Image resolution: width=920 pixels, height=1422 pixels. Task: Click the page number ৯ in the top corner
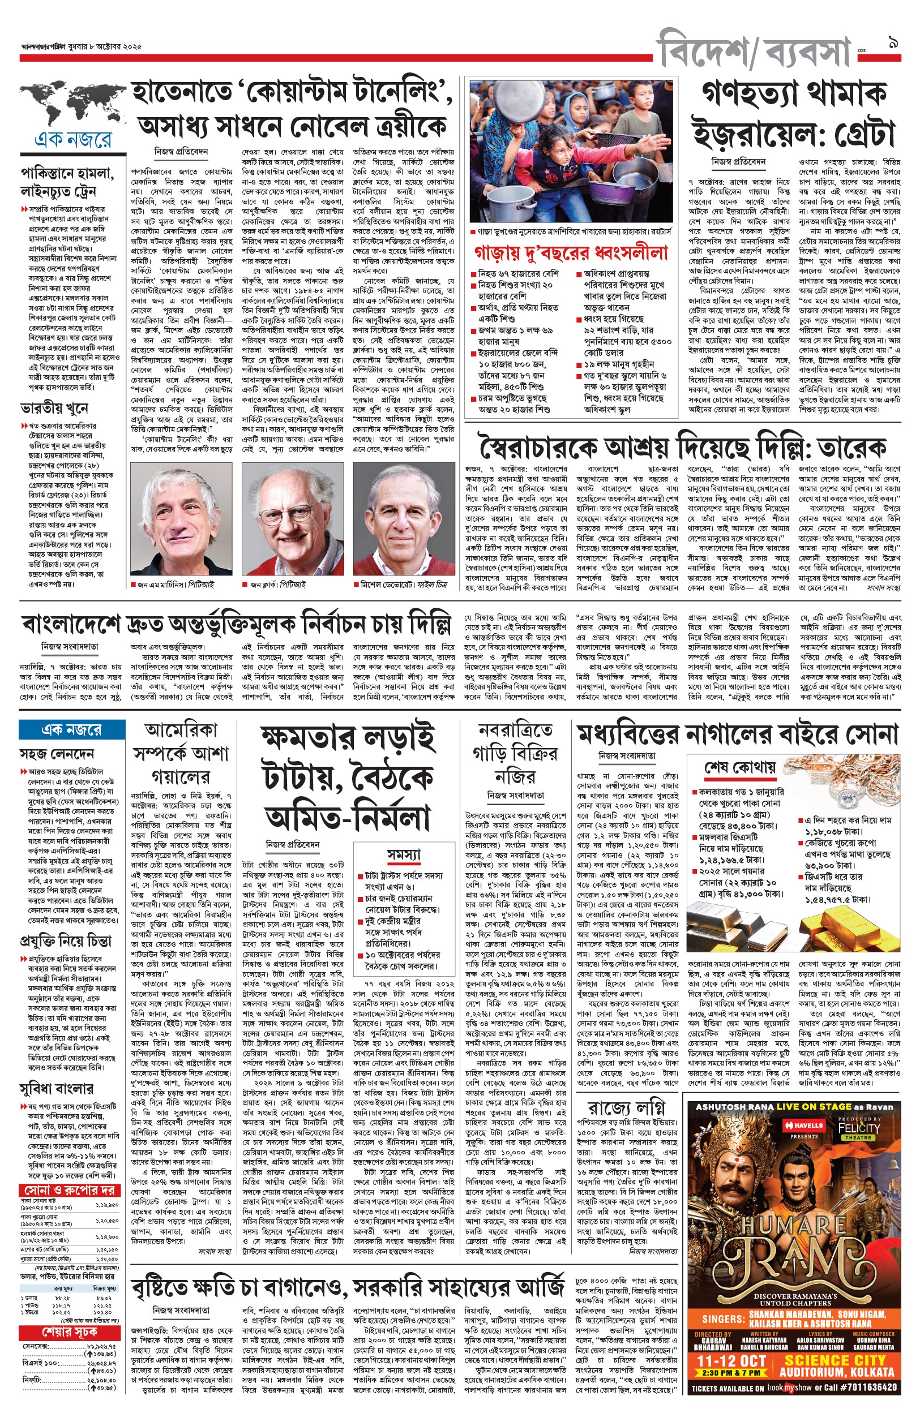[x=894, y=43]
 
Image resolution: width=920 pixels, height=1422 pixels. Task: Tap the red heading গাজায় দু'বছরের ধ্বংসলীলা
[x=571, y=252]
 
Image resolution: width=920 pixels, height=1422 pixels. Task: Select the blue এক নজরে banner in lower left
[x=72, y=729]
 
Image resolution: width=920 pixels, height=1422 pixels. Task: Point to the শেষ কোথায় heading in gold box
[x=739, y=767]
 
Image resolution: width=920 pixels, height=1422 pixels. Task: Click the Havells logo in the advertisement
[x=803, y=1125]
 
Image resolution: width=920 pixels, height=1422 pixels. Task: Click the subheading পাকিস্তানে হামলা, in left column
[x=67, y=174]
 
